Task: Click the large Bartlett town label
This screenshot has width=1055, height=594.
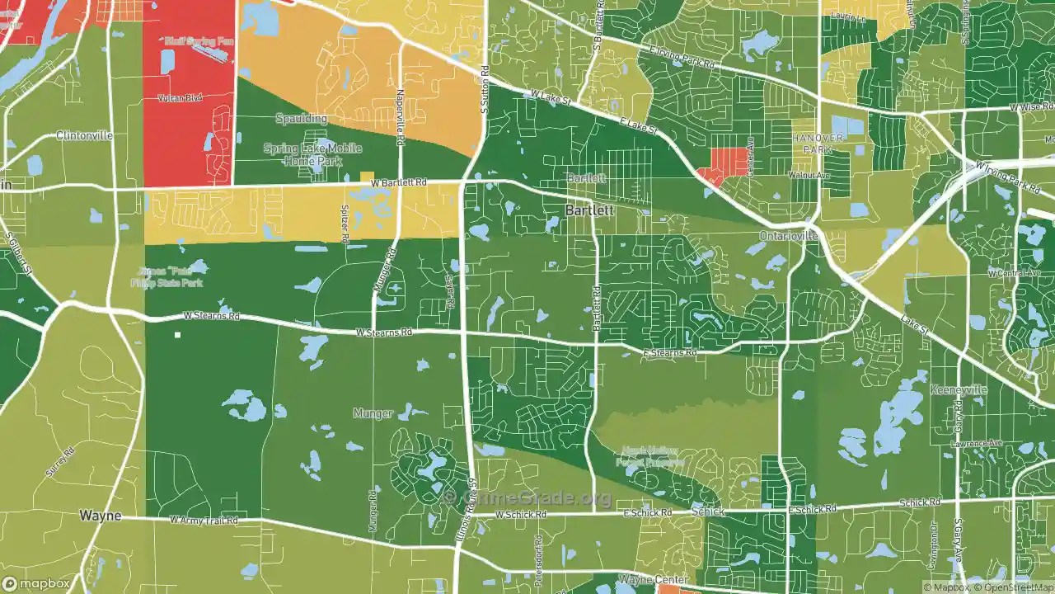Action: [x=589, y=210]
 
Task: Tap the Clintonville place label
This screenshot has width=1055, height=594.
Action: [x=84, y=135]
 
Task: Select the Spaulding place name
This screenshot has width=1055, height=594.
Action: [x=301, y=119]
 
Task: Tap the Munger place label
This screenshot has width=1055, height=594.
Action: [x=373, y=413]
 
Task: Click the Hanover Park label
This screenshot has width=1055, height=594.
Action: [x=818, y=144]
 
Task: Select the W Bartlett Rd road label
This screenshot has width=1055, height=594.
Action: [x=399, y=182]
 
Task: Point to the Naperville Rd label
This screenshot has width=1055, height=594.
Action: [x=400, y=117]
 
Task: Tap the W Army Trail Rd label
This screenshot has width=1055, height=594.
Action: [x=204, y=521]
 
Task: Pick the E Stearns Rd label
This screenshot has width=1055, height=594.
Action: [x=669, y=353]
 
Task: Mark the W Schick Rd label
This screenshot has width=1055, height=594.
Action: [x=520, y=515]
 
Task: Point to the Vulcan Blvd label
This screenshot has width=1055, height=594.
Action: [x=180, y=98]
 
